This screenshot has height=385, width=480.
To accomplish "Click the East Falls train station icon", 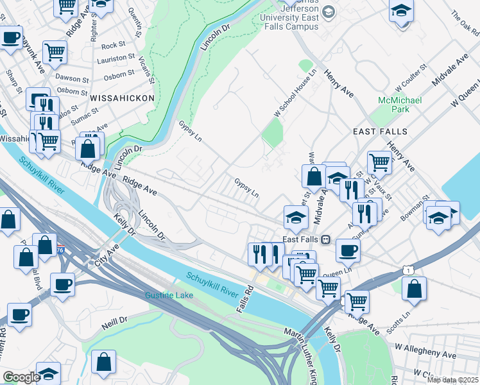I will coord(325,239).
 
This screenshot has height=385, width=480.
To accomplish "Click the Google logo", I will coord(21,377).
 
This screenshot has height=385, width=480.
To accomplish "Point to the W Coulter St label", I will coord(411,78).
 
